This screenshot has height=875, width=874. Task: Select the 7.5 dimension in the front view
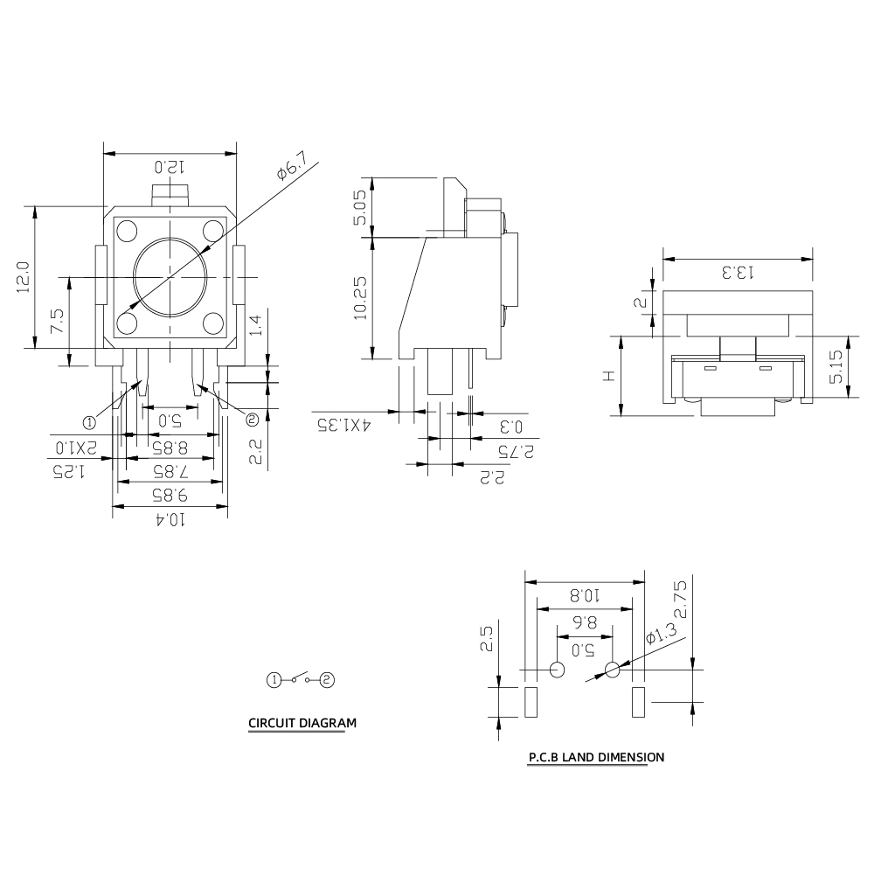click(x=57, y=321)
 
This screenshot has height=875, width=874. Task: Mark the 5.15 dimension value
click(x=836, y=366)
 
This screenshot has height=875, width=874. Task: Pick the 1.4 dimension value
click(x=254, y=326)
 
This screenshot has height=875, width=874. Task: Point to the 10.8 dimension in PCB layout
click(x=584, y=595)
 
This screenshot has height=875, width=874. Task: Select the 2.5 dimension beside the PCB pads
click(x=487, y=639)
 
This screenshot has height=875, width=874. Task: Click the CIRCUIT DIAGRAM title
click(x=302, y=723)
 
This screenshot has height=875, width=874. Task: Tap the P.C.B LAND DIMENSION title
click(x=596, y=757)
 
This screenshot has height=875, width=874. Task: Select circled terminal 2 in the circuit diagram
click(x=328, y=678)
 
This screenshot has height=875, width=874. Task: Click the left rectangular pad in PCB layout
click(x=530, y=702)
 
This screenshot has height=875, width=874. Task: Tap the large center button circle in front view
click(x=171, y=276)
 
